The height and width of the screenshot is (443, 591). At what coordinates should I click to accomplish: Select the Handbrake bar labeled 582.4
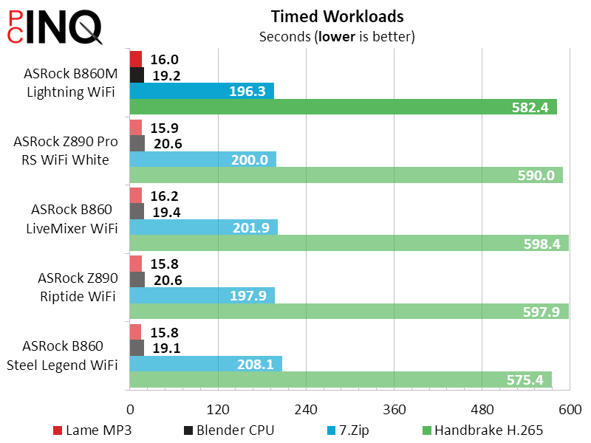coord(343,107)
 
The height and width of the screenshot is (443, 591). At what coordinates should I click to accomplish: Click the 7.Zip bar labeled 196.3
coord(202,91)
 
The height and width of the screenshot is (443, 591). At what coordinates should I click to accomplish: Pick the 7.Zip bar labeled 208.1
coord(205,364)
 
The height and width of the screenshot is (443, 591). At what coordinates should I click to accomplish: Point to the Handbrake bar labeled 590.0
coord(346,175)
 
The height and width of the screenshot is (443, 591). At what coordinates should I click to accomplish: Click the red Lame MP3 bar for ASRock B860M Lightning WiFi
coord(136,59)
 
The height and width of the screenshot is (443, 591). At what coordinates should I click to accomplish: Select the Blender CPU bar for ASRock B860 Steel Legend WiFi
coord(137,348)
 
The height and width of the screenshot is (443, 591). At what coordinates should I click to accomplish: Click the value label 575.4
coord(525,380)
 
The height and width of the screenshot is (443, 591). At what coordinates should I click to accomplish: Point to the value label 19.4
coord(167,212)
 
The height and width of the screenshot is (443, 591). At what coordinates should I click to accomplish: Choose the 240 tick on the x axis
coord(306,410)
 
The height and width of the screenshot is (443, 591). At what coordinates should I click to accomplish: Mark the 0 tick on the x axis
coord(130,410)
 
